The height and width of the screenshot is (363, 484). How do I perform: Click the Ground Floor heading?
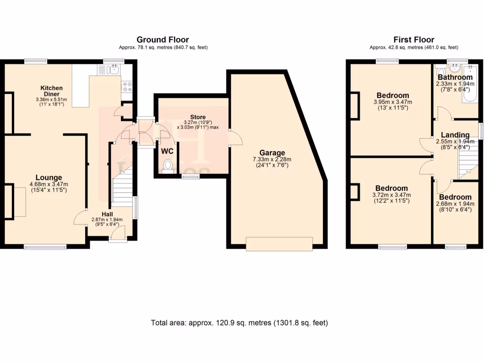tap(163, 40)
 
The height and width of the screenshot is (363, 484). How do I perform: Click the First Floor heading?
tap(414, 40)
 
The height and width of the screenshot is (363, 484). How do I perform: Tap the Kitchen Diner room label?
tap(52, 91)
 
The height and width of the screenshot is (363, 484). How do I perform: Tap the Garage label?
tap(273, 153)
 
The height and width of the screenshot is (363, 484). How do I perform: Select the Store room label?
tap(198, 117)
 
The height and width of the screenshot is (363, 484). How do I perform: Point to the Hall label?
tap(107, 214)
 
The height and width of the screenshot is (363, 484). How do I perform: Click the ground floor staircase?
tap(122, 189)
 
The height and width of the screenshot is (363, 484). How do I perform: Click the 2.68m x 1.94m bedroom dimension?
tap(455, 204)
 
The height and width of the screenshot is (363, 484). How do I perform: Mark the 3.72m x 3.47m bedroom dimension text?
tap(390, 195)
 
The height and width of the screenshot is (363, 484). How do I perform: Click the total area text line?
tap(239, 323)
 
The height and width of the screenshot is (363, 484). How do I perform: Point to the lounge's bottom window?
tap(45, 246)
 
